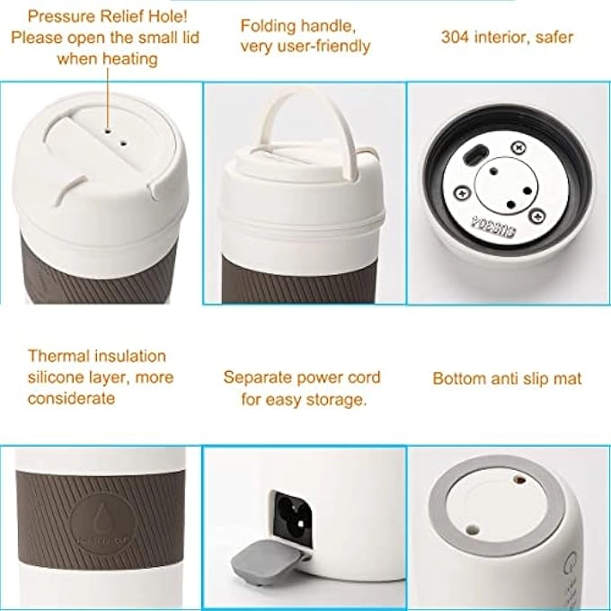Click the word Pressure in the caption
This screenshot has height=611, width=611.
(58, 15)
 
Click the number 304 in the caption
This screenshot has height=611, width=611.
(455, 38)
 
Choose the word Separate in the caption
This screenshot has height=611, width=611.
(257, 377)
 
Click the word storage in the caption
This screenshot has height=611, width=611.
(339, 399)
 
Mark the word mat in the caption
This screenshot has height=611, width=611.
(569, 378)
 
